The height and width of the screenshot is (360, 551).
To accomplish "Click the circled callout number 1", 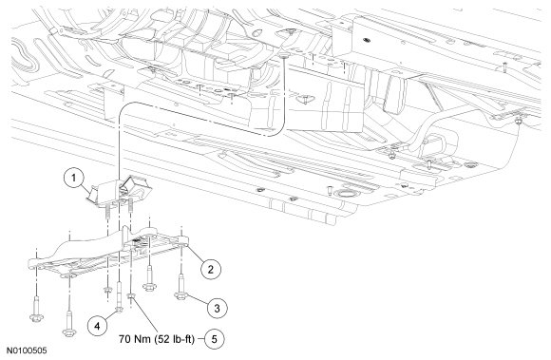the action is (73, 178).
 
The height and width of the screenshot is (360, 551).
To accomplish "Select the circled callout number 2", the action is (211, 270).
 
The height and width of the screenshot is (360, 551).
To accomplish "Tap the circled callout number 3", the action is (217, 309).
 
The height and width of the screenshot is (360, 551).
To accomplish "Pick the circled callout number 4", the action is (97, 327).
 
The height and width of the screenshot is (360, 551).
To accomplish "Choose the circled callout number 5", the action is (214, 339).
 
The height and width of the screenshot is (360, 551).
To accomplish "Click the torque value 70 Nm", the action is (135, 339).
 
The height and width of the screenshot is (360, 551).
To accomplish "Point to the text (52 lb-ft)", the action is (174, 340).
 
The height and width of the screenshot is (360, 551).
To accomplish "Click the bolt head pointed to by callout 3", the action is (180, 296).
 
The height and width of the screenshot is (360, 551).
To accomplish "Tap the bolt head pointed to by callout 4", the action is (119, 309).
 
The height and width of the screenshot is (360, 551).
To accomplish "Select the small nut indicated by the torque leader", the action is (131, 297).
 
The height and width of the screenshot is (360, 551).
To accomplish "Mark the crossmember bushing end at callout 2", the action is (184, 241).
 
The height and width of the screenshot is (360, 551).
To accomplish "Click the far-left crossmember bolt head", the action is (36, 318).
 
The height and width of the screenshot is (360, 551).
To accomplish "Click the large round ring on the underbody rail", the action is (347, 194).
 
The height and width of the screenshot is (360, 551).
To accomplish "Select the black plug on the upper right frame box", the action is (368, 39).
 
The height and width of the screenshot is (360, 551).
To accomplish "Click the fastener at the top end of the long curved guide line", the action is (283, 55).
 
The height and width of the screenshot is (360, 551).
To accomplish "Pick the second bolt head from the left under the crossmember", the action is (68, 332).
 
